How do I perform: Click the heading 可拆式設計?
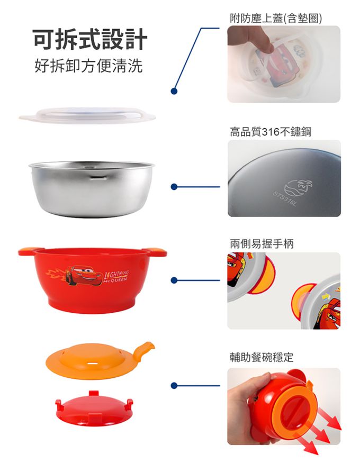[90, 39]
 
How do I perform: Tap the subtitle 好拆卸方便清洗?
[88, 66]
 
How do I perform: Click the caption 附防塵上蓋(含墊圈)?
[276, 19]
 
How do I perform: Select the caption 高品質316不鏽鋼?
[271, 132]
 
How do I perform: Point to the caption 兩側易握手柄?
[262, 244]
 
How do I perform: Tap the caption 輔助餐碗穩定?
[262, 357]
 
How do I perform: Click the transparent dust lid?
[87, 115]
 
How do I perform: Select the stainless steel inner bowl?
[92, 189]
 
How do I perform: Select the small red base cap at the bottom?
[94, 408]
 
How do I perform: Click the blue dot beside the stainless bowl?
[174, 187]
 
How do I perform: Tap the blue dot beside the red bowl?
[174, 280]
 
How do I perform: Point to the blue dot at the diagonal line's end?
[174, 91]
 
